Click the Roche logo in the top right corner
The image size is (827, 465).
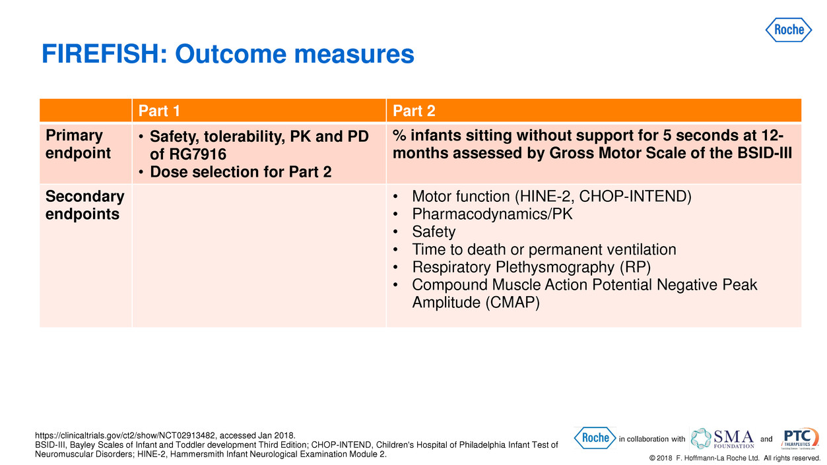[789, 30]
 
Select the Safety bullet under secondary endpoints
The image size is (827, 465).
[433, 232]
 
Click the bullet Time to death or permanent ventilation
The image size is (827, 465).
[543, 249]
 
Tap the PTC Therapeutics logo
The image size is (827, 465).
[800, 438]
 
